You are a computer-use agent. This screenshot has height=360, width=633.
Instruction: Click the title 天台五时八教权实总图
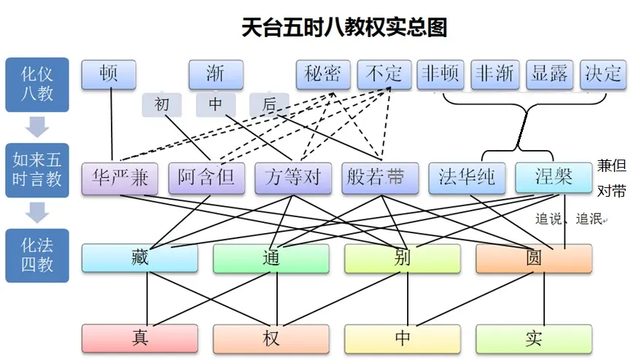tap(344, 28)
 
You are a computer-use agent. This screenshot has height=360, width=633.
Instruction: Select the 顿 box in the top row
tap(109, 74)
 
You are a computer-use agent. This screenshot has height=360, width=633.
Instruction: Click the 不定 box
tap(384, 74)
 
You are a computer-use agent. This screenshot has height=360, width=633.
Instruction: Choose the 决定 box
tap(603, 74)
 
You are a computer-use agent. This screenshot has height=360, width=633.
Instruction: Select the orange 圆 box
tap(534, 258)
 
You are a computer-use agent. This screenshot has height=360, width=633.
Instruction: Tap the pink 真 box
tap(140, 338)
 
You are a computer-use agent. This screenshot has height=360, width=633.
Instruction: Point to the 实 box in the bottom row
tap(534, 338)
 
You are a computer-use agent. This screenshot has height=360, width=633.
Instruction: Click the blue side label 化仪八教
tap(37, 85)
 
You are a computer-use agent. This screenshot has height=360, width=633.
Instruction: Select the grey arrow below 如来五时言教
tap(37, 212)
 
